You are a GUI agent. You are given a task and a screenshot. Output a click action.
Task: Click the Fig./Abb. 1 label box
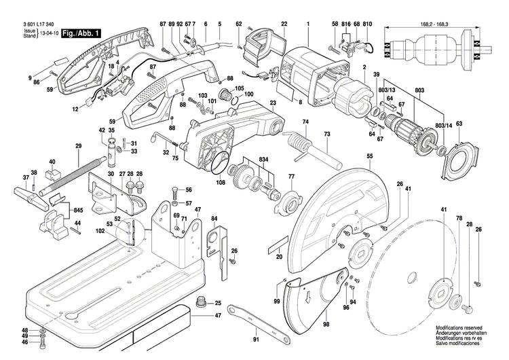[81, 33]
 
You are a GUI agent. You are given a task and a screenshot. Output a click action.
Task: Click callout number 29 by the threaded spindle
[78, 147]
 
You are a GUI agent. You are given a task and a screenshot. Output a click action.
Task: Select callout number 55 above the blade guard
[370, 157]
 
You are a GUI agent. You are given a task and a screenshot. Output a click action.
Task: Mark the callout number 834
[263, 158]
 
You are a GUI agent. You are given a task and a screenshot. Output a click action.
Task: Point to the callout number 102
[101, 232]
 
